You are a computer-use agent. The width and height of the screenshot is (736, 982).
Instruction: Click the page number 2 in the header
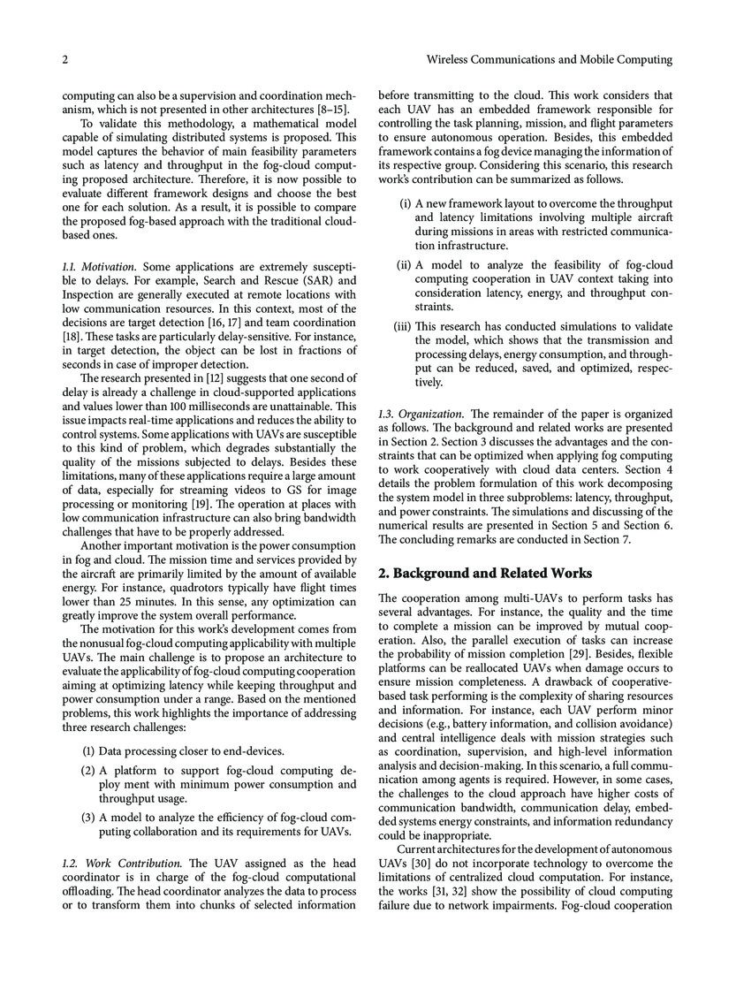(65, 60)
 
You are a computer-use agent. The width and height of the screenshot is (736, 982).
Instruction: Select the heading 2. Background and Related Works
(479, 573)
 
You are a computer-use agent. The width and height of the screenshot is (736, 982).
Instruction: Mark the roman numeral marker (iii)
(402, 326)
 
